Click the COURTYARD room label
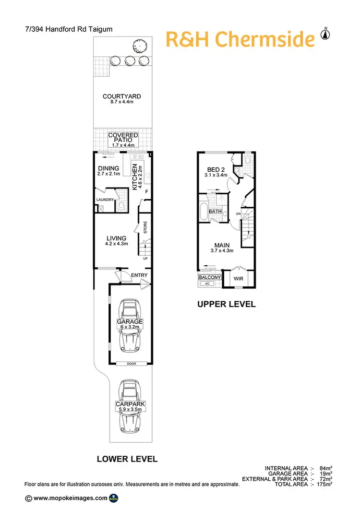click(x=121, y=96)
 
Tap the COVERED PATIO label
click(x=123, y=138)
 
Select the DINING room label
click(x=108, y=168)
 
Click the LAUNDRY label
click(x=105, y=200)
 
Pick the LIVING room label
click(x=117, y=238)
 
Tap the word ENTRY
click(x=139, y=275)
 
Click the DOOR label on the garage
click(x=132, y=364)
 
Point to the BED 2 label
click(x=216, y=170)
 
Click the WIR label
click(x=238, y=278)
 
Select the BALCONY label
click(x=209, y=277)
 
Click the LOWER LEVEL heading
click(x=127, y=459)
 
